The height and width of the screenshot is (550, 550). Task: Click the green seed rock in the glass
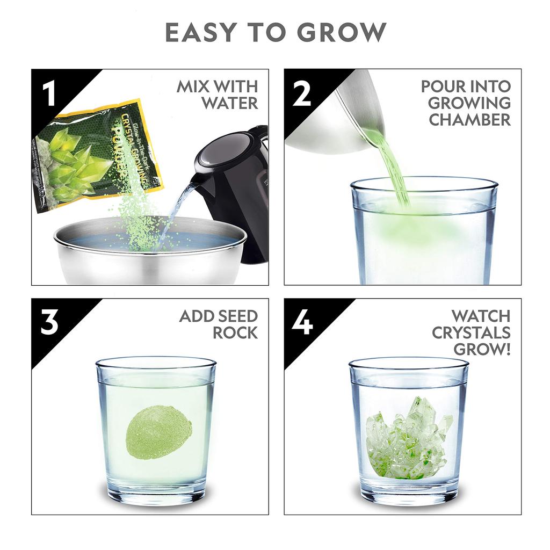coord(158,432)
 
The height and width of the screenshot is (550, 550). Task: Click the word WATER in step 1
coord(229,103)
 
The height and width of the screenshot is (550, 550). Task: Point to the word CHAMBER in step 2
coord(469,119)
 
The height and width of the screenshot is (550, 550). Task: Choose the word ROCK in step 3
coord(235,332)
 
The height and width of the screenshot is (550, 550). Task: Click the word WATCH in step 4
coord(481,316)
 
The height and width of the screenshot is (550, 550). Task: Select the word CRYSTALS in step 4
coord(471,332)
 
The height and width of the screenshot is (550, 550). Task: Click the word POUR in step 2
coord(440,86)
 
